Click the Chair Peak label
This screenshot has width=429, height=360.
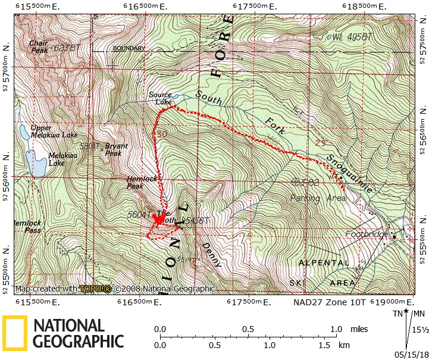click(x=40, y=47)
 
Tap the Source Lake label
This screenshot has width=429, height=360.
click(x=160, y=98)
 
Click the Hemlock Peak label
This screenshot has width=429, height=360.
click(x=135, y=182)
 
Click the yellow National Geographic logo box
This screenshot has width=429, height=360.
click(x=15, y=332)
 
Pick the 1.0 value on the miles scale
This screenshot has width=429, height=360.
click(x=336, y=329)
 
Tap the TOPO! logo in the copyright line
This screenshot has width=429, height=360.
click(x=95, y=289)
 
